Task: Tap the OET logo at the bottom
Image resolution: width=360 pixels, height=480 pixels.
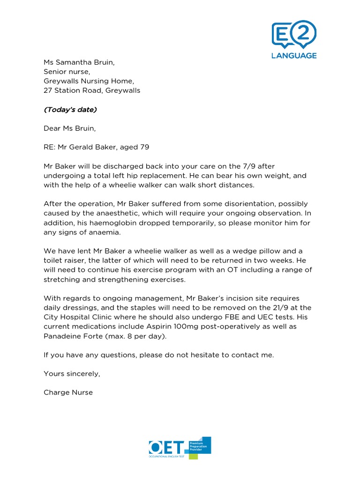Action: (x=180, y=448)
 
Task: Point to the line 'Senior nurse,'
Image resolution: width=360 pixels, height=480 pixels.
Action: (x=67, y=71)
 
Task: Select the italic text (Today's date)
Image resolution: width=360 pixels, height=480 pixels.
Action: (x=70, y=110)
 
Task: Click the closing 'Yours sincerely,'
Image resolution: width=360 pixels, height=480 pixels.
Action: (x=72, y=374)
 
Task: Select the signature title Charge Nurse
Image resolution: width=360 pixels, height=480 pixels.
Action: (x=68, y=392)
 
